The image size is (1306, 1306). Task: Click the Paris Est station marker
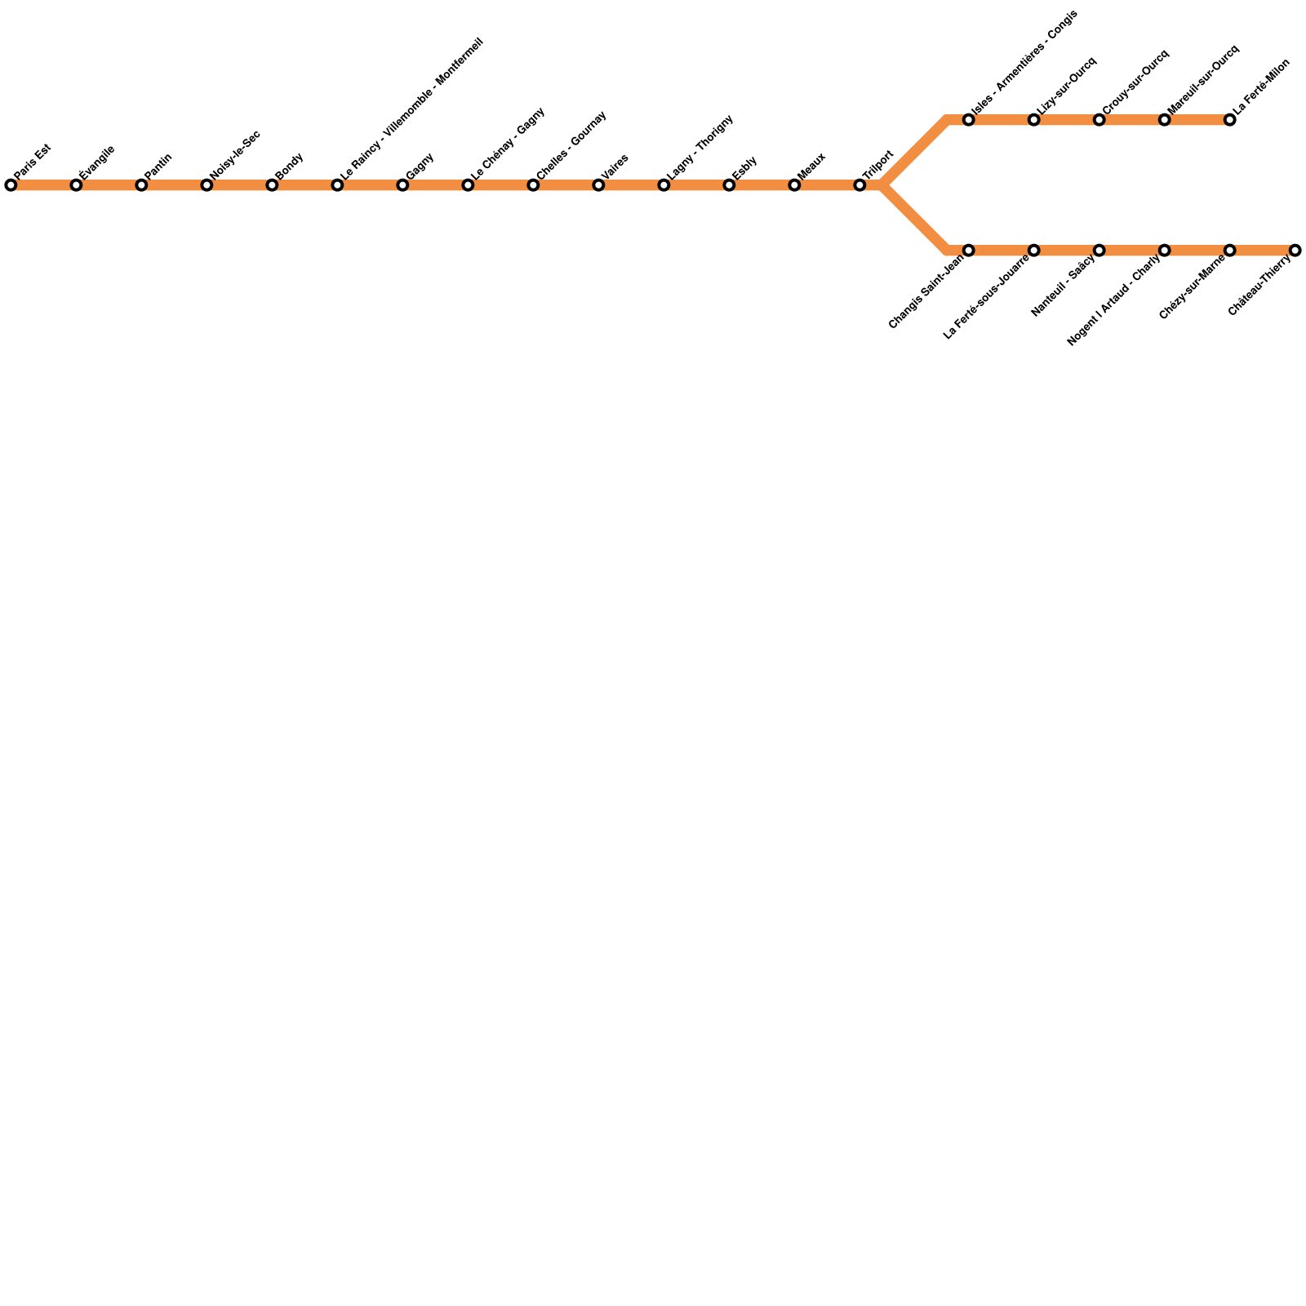click(x=11, y=185)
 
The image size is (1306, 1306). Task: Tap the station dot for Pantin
click(x=141, y=185)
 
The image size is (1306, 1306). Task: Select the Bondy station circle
click(x=272, y=185)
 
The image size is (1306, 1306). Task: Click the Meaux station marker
click(x=794, y=185)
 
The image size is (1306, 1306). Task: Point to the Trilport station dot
click(x=860, y=185)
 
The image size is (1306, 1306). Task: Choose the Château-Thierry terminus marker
click(x=1295, y=250)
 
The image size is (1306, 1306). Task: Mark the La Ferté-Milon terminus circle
click(x=1230, y=120)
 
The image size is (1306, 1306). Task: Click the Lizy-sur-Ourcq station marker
click(x=1034, y=120)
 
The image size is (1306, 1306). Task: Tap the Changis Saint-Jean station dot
click(x=969, y=250)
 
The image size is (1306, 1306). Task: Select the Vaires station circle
click(x=598, y=185)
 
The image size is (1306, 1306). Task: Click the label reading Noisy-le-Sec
click(x=235, y=153)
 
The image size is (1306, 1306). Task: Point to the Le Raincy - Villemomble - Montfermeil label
click(x=412, y=109)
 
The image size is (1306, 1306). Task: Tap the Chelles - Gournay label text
click(x=571, y=144)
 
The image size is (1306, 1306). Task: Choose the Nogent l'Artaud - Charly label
click(x=1113, y=300)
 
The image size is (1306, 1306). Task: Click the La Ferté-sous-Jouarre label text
click(x=986, y=297)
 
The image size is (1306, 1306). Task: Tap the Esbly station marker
click(x=729, y=185)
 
